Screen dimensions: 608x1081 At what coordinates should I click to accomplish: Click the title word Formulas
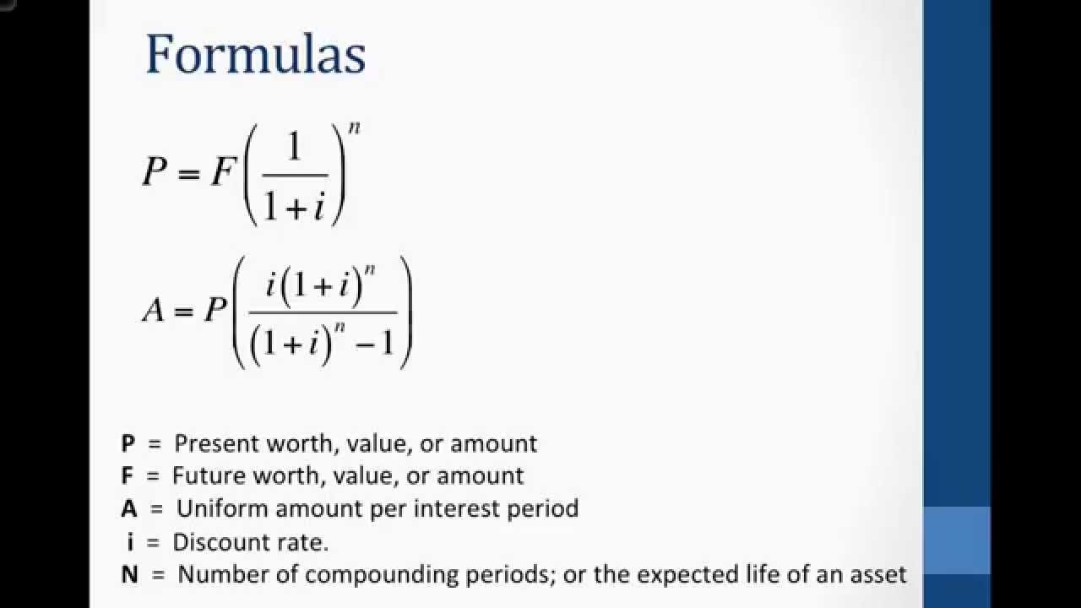pos(255,56)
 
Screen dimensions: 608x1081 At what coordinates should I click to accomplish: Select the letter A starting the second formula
pos(153,311)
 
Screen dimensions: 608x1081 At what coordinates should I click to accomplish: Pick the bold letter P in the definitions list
pos(128,443)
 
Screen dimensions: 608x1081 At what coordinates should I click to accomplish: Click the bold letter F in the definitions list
pos(128,475)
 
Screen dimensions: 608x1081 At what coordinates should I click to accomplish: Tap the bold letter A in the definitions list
pos(129,508)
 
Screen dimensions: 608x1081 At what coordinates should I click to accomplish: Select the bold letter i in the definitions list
pos(130,541)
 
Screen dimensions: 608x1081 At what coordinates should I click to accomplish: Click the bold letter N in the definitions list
pos(129,575)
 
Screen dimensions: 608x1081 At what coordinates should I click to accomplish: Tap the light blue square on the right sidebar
pos(956,540)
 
